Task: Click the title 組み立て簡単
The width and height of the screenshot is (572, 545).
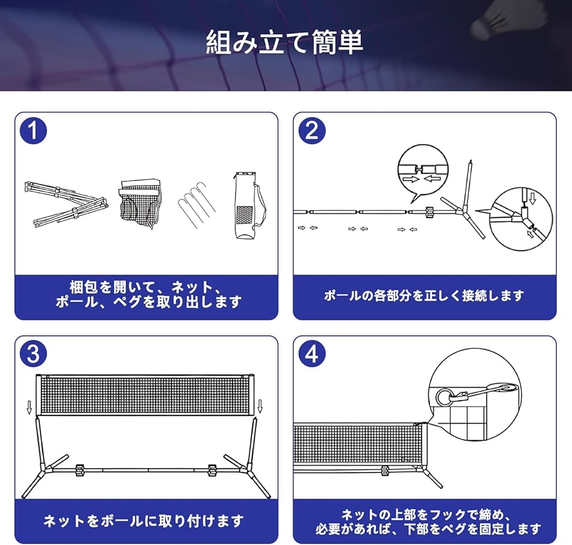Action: pyautogui.click(x=285, y=42)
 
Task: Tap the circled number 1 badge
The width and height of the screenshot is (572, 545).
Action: pyautogui.click(x=33, y=131)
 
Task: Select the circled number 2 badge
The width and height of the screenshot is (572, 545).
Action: pyautogui.click(x=312, y=131)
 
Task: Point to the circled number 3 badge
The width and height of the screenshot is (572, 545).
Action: pyautogui.click(x=33, y=354)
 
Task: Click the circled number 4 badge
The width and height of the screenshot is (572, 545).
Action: pyautogui.click(x=312, y=354)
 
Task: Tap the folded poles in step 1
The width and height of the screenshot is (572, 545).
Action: pyautogui.click(x=66, y=204)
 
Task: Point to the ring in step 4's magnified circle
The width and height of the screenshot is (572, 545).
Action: pyautogui.click(x=444, y=397)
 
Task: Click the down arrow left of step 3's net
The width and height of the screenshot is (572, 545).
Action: pyautogui.click(x=30, y=406)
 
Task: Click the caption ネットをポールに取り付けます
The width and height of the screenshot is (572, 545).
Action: pyautogui.click(x=144, y=521)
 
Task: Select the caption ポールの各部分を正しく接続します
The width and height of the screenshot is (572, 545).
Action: pyautogui.click(x=424, y=295)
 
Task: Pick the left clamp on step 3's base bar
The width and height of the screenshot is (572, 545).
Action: pyautogui.click(x=80, y=470)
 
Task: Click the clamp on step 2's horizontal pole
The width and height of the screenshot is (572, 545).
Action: pyautogui.click(x=429, y=212)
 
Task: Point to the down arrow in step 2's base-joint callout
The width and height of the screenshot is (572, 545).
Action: pyautogui.click(x=532, y=199)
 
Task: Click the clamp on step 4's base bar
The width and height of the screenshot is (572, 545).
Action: pyautogui.click(x=384, y=471)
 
